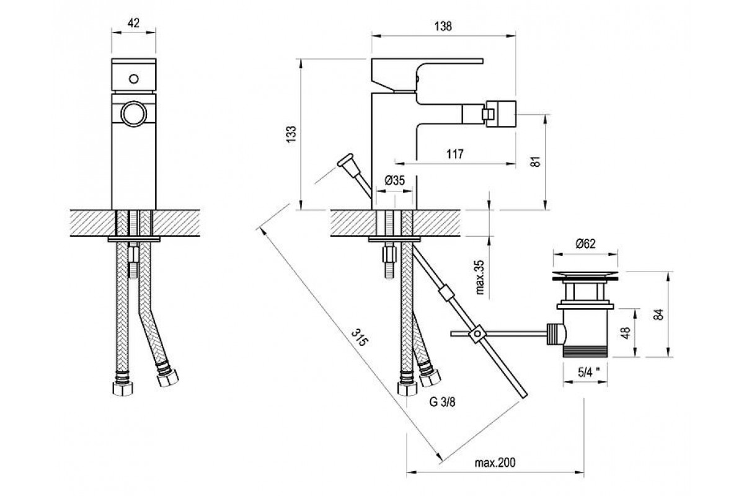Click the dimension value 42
pyautogui.click(x=133, y=23)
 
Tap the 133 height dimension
pyautogui.click(x=292, y=135)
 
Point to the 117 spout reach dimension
pyautogui.click(x=455, y=154)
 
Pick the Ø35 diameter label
pyautogui.click(x=395, y=180)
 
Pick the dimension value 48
pyautogui.click(x=626, y=333)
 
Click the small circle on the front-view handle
pyautogui.click(x=133, y=79)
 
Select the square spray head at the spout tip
pyautogui.click(x=498, y=113)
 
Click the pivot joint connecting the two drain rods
pyautogui.click(x=476, y=334)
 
